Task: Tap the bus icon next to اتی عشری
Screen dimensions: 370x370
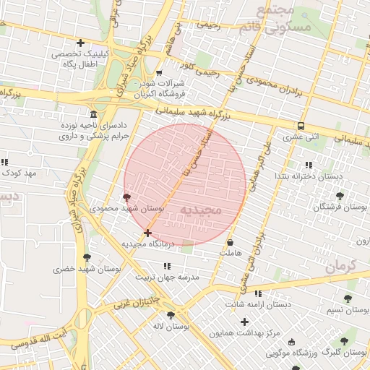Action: point(301,125)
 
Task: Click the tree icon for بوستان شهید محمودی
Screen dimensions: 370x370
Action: point(127,197)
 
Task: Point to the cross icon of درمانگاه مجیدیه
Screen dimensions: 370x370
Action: point(148,233)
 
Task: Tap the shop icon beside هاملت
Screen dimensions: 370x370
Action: point(230,243)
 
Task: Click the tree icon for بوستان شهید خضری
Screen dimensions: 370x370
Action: point(87,257)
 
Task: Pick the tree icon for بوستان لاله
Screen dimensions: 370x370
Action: point(171,315)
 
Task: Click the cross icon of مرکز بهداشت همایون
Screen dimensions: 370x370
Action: point(244,322)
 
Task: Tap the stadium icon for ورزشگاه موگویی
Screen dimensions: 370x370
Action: point(291,342)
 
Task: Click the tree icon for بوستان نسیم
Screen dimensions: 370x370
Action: point(348,298)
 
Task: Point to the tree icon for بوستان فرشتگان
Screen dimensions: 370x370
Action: point(340,195)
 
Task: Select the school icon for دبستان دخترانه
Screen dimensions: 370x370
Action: point(309,165)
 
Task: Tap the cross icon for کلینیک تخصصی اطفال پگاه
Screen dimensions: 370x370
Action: point(80,43)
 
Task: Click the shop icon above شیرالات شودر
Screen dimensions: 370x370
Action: point(159,73)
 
